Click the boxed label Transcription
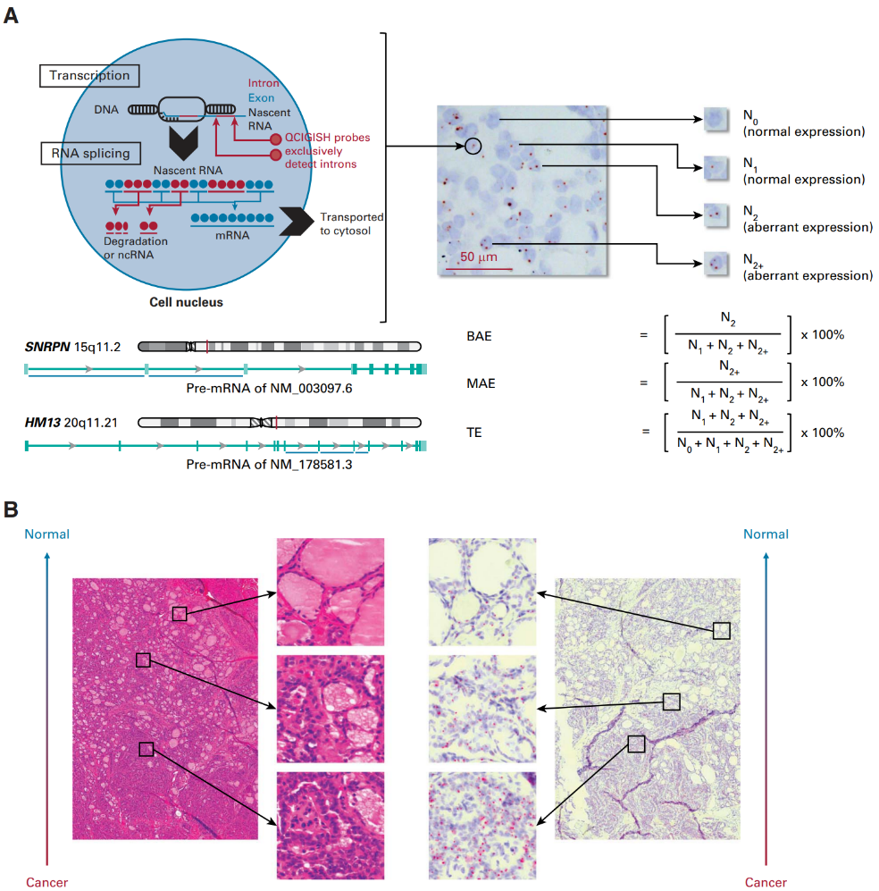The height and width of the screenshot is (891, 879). (88, 76)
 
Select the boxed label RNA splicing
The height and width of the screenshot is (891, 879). (90, 153)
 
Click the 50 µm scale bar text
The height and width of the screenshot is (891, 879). (478, 257)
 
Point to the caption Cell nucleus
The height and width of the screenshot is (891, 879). (186, 302)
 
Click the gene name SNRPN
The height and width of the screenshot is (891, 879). (44, 346)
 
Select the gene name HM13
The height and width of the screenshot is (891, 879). (40, 421)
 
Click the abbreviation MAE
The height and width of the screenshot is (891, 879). (479, 383)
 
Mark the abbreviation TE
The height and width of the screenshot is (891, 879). (473, 432)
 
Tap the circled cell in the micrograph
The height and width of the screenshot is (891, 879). (473, 145)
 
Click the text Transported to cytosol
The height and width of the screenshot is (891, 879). (352, 223)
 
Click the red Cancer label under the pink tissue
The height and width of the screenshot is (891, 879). (46, 882)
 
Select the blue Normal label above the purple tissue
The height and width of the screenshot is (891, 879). (766, 534)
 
